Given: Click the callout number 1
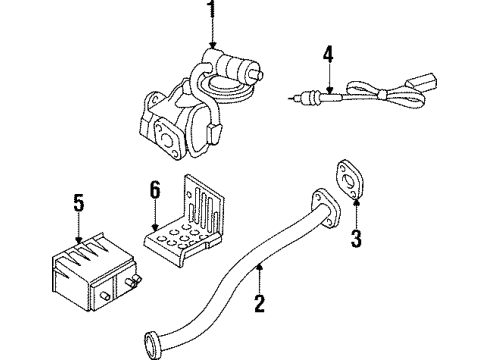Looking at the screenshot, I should click(211, 12).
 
